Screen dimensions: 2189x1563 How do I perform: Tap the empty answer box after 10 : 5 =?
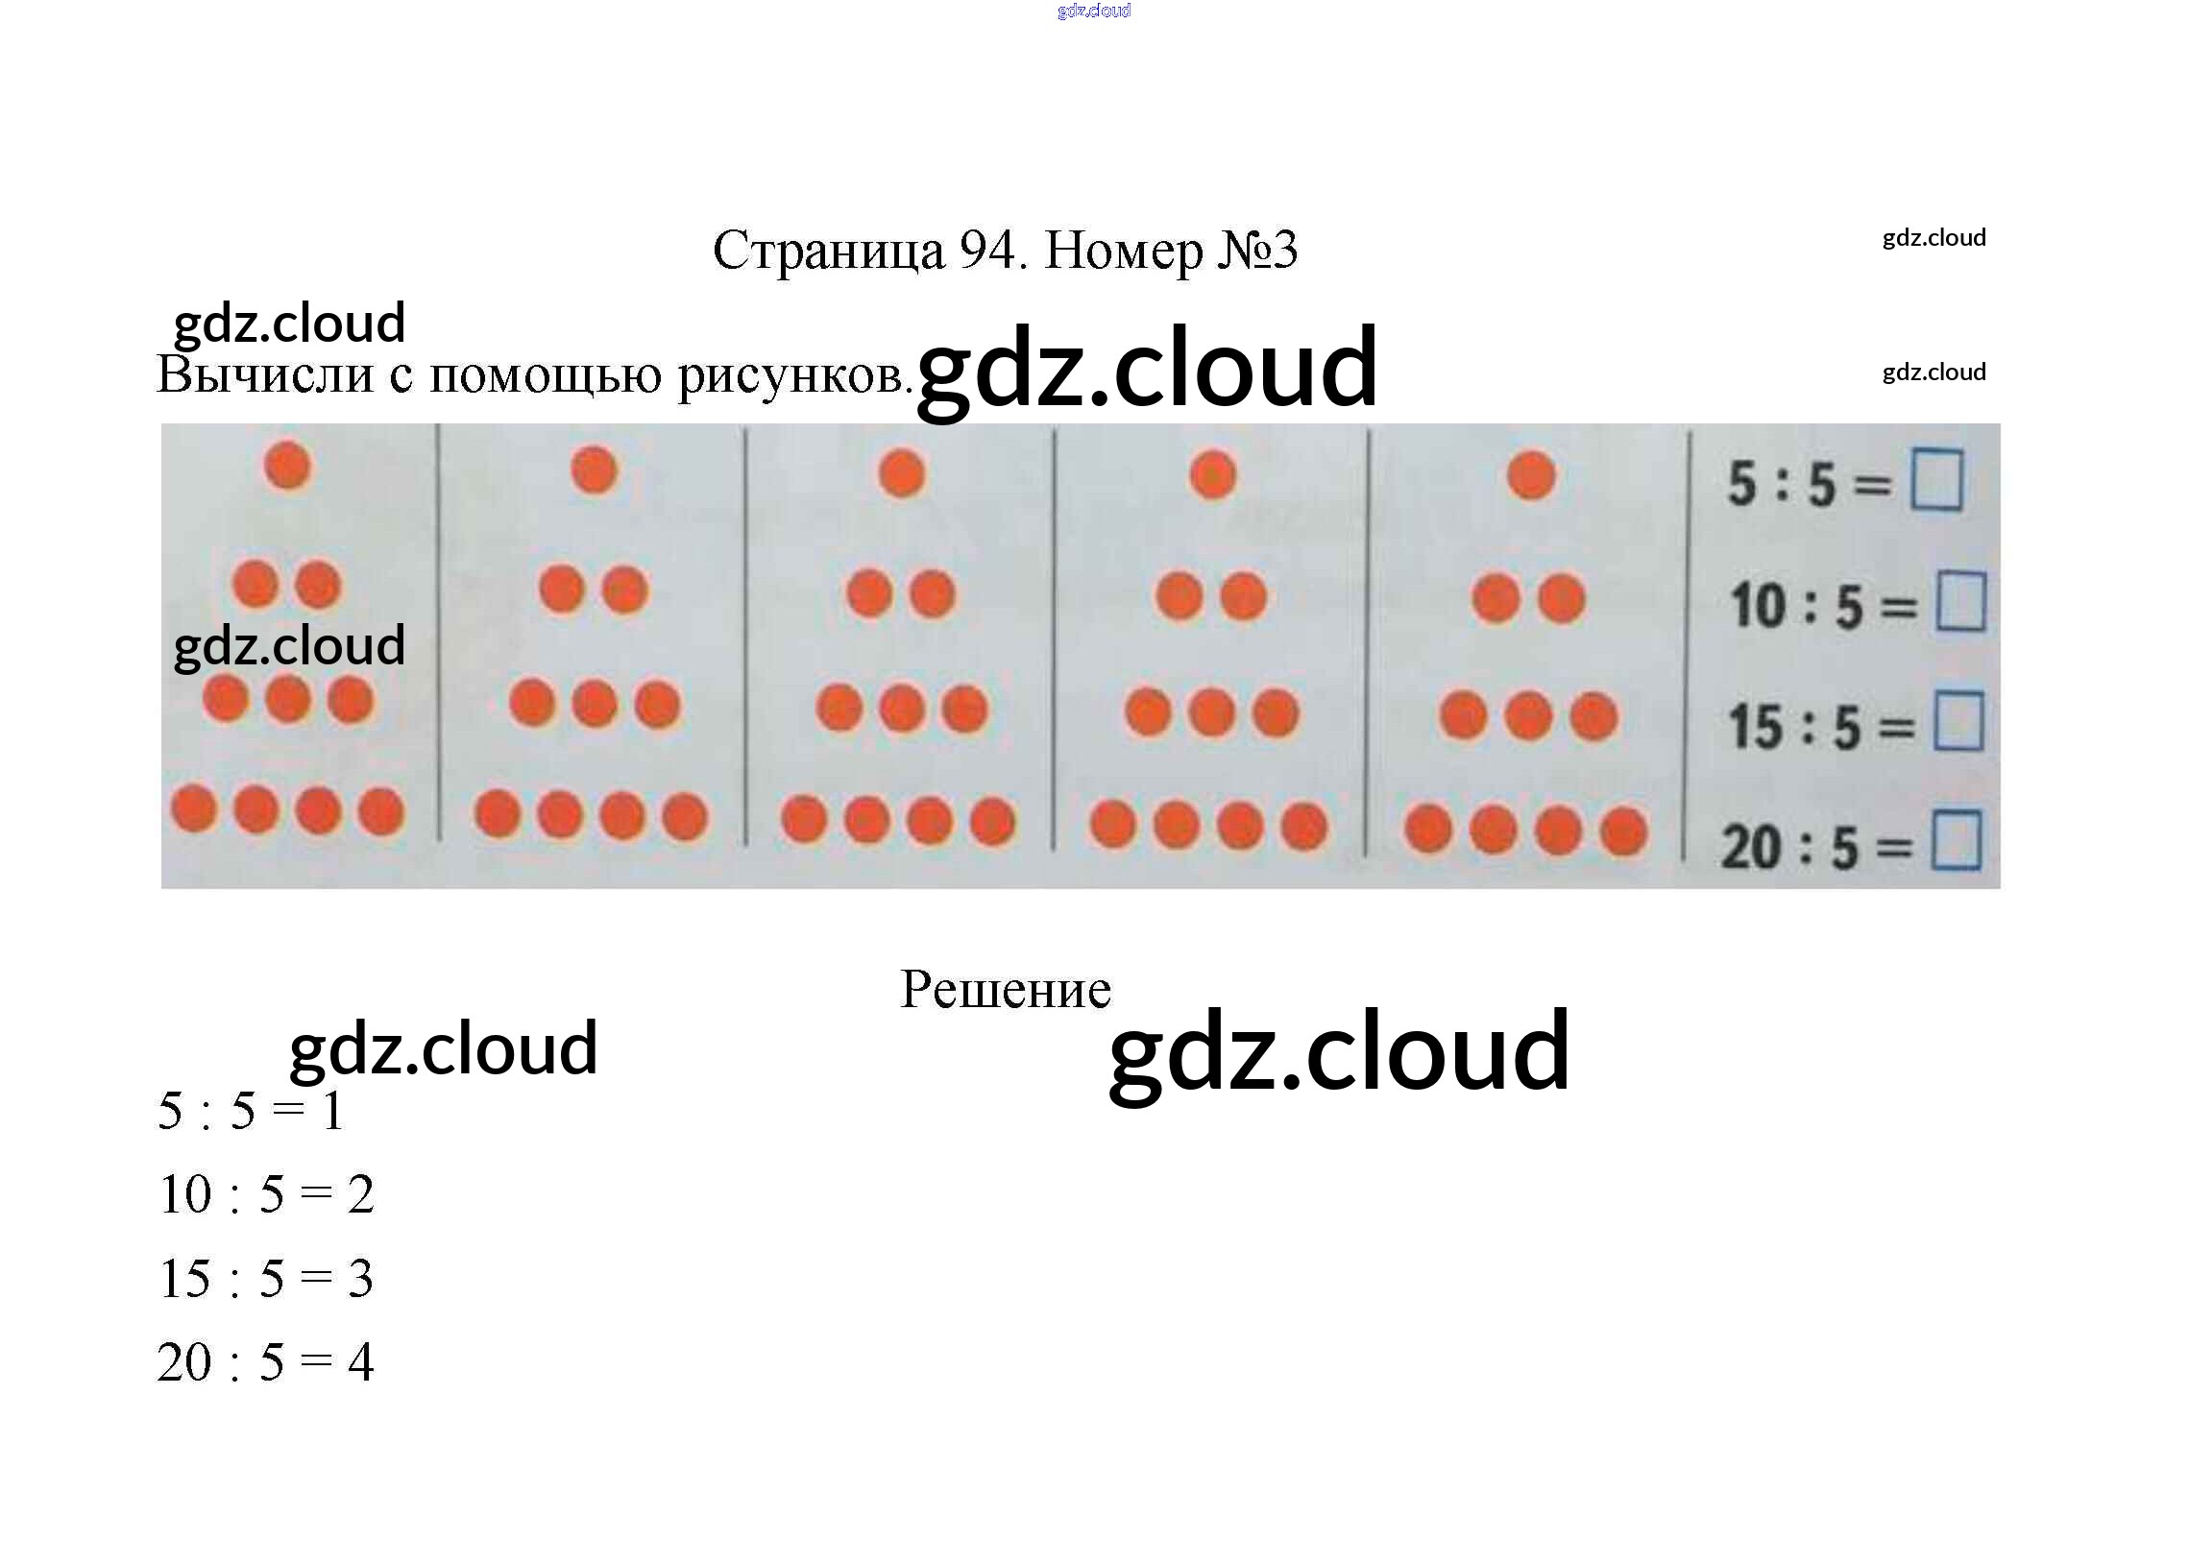1959,602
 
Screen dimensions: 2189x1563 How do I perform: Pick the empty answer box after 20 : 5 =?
1956,840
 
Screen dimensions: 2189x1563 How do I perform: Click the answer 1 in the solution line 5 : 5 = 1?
332,1112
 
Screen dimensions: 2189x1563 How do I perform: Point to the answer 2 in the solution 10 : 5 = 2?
360,1195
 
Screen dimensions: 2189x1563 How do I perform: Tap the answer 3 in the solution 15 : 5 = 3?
360,1279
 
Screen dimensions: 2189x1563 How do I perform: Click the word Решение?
1005,990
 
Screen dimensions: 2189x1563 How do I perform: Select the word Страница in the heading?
829,252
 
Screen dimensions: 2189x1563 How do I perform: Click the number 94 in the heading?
987,251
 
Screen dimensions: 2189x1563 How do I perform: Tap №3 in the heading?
1257,251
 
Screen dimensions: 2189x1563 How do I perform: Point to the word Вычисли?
265,374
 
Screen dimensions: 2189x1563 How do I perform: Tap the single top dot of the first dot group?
287,466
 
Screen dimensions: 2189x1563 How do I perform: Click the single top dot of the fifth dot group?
1530,475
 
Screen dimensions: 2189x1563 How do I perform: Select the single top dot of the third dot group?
901,473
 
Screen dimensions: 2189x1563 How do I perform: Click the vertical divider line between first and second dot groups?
439,633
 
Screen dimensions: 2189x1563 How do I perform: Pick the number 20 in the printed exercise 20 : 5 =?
1750,848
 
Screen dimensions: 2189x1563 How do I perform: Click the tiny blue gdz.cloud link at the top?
1093,11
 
